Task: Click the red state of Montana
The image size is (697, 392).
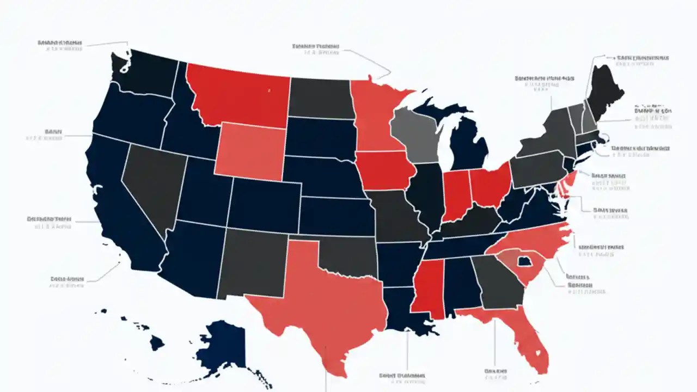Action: click(237, 95)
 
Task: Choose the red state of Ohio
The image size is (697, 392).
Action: click(490, 185)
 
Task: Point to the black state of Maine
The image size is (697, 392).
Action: click(604, 87)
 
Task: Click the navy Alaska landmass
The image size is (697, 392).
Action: click(221, 343)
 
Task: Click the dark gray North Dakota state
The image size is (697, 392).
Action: click(320, 98)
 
